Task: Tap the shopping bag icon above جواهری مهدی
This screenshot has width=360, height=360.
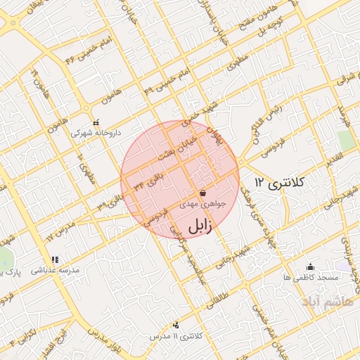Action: click(x=202, y=192)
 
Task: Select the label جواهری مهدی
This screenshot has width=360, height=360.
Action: click(x=202, y=204)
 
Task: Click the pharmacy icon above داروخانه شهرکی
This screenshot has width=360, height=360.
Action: click(x=96, y=122)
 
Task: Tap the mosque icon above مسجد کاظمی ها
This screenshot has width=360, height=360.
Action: click(x=310, y=266)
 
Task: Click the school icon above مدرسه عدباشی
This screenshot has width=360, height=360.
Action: click(x=56, y=259)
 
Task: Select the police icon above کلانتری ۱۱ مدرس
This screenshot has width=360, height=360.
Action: click(x=175, y=325)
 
